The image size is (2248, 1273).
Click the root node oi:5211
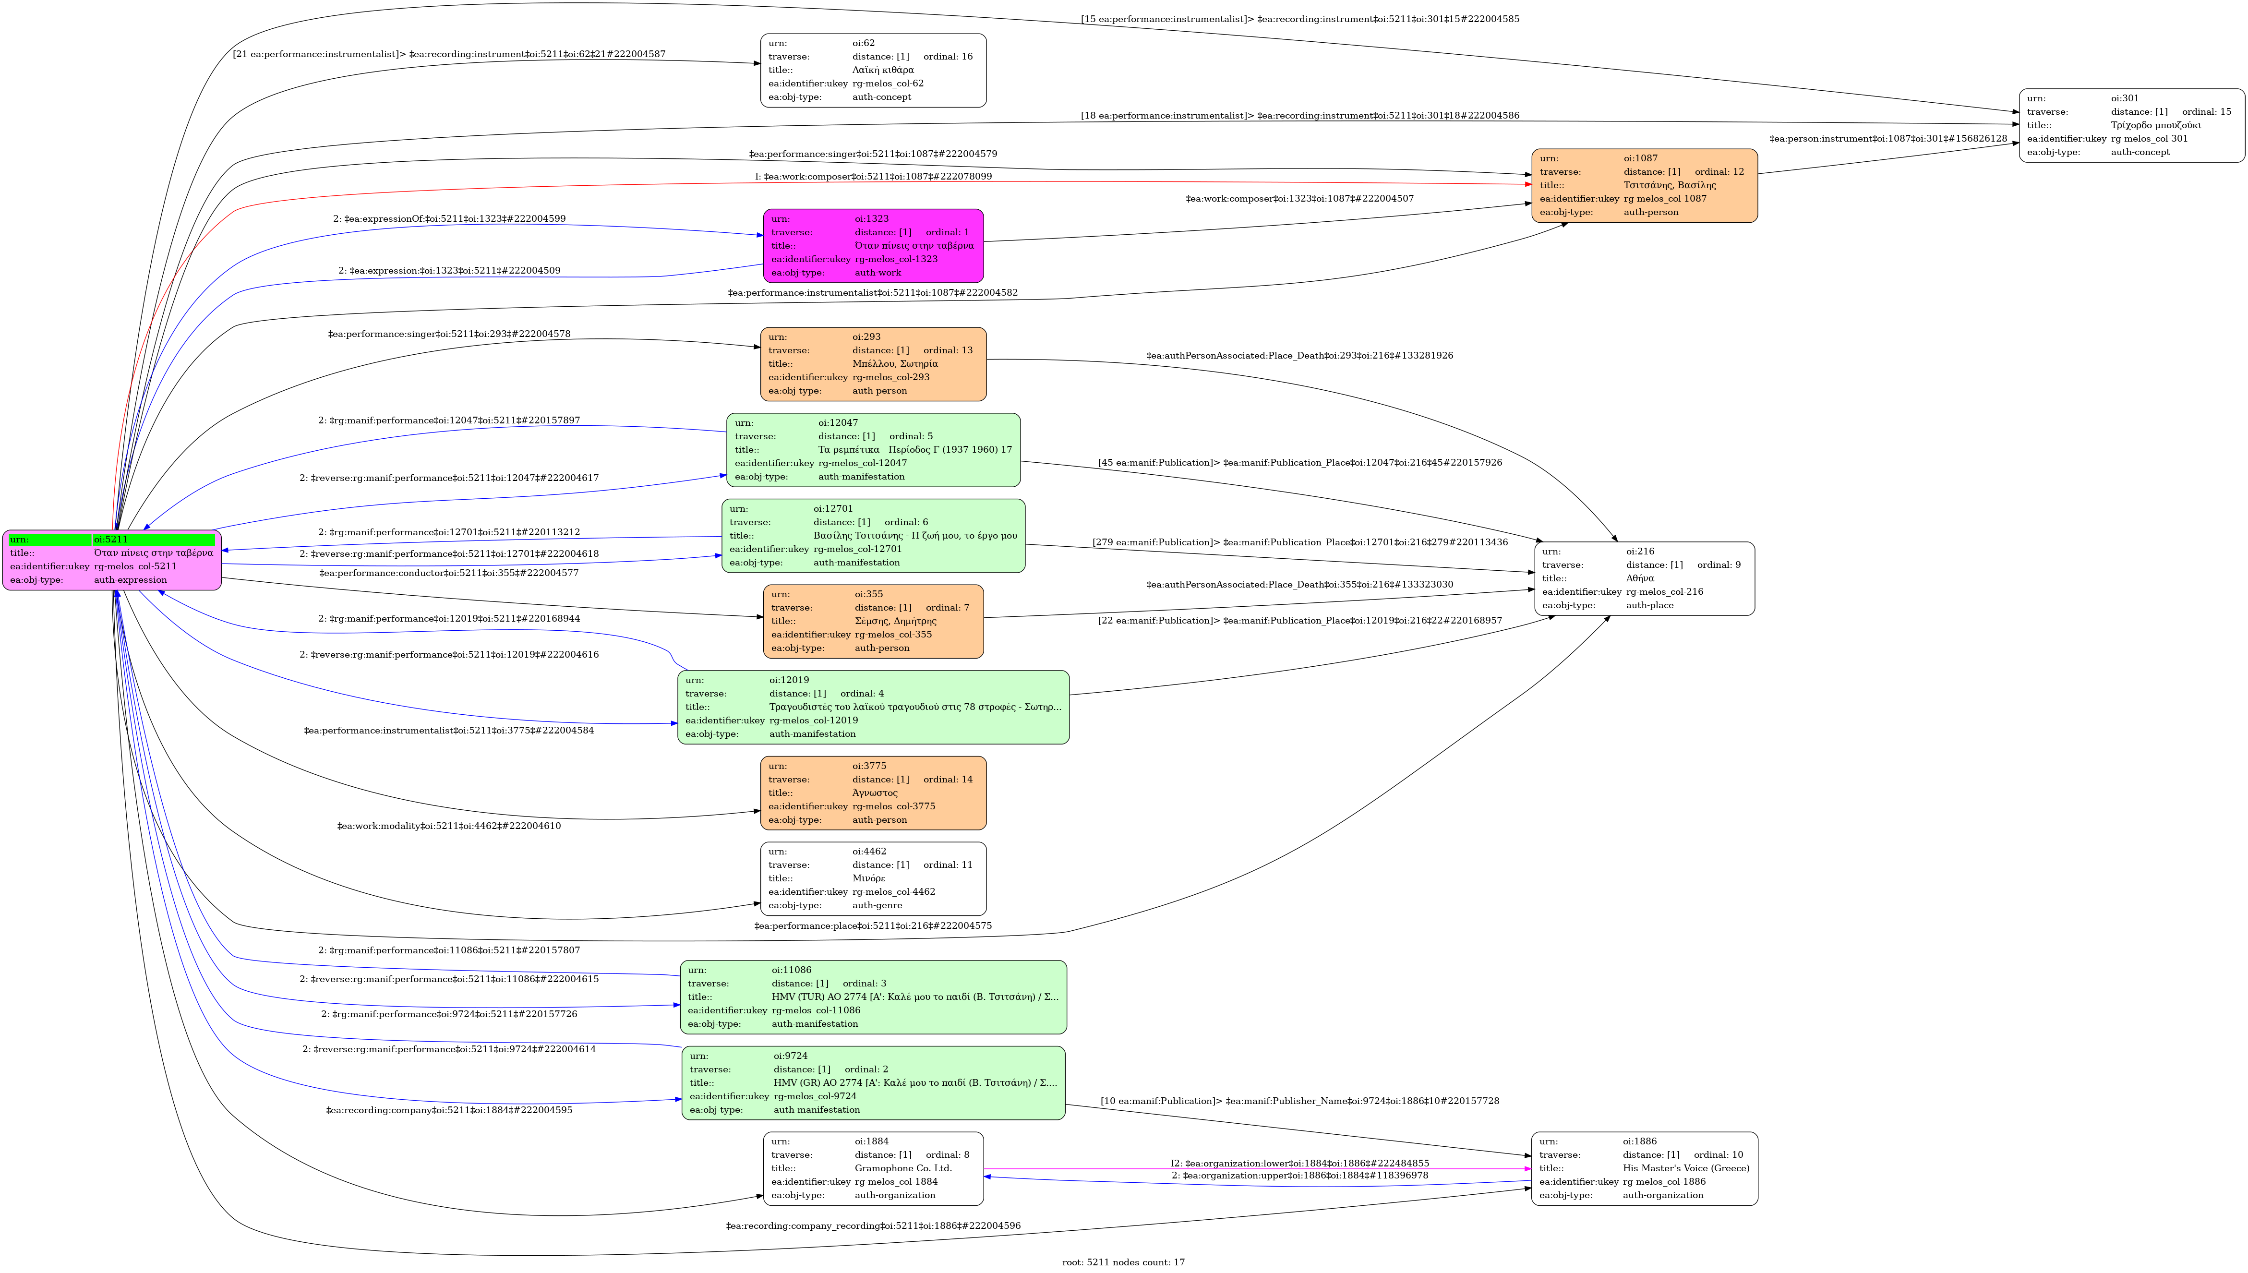(112, 560)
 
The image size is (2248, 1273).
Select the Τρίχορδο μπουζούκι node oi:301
(2132, 125)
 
